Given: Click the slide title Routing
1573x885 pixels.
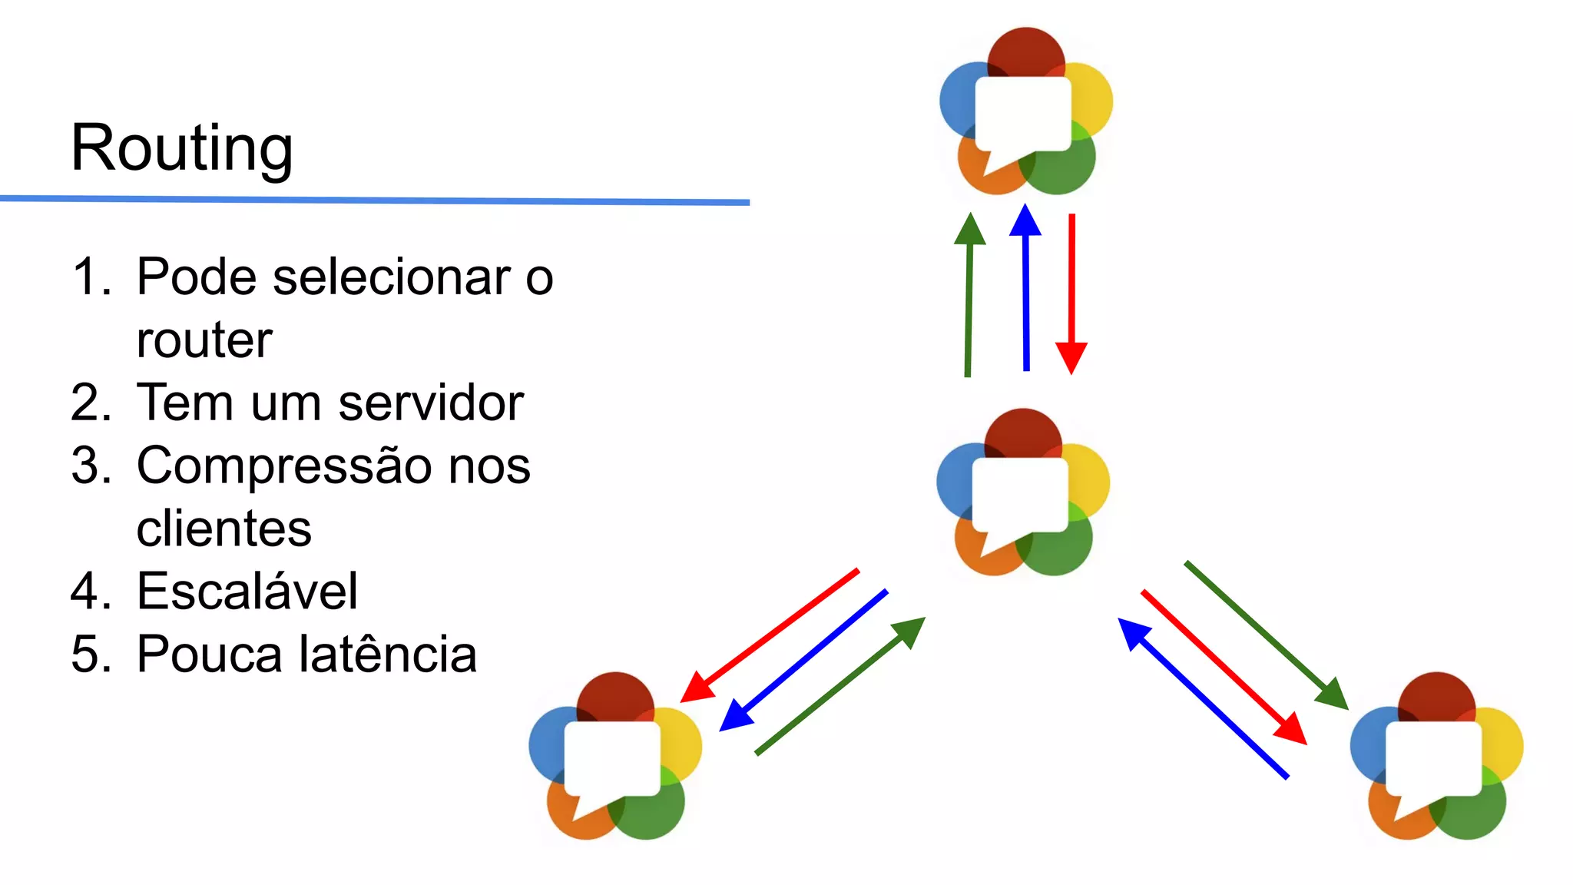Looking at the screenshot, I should click(181, 147).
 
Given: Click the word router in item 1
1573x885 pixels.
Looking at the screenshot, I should click(204, 340).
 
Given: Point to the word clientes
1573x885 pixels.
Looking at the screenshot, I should click(224, 529).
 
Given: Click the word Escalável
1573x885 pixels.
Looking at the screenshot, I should click(247, 592).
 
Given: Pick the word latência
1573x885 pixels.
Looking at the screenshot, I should click(387, 655).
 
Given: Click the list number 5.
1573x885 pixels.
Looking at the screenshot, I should click(85, 655).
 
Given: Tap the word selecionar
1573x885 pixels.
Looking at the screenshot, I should click(392, 277).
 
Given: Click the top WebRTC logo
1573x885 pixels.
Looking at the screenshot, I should click(1025, 112).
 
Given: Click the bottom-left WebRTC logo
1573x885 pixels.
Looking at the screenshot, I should click(614, 757).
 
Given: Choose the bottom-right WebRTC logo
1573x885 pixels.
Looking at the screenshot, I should click(1436, 757).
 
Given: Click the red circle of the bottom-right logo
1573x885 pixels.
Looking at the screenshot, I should click(1436, 694).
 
